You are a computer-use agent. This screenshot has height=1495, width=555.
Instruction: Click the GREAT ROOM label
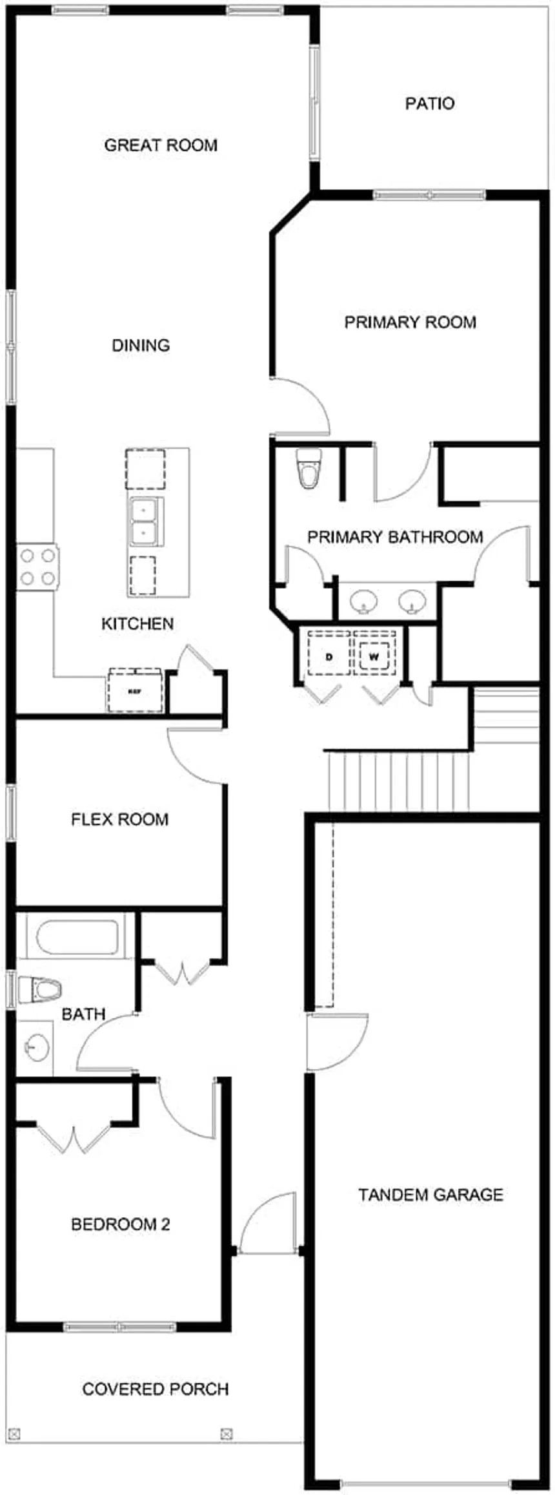click(x=161, y=145)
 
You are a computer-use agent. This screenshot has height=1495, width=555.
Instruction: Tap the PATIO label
click(x=430, y=103)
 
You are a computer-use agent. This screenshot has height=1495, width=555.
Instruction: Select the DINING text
click(x=141, y=345)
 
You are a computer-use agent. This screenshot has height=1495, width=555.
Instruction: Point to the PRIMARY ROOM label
click(x=410, y=322)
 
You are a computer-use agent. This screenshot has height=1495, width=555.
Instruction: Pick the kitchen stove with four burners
click(x=37, y=566)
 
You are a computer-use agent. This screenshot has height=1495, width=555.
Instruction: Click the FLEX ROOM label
click(x=120, y=819)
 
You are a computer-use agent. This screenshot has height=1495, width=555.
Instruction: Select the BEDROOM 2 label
click(x=121, y=1224)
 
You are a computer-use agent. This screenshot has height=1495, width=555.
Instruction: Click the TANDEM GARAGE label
click(x=430, y=1195)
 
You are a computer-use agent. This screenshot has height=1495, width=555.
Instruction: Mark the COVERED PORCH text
click(x=156, y=1388)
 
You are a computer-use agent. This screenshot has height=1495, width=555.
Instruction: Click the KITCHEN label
click(x=137, y=623)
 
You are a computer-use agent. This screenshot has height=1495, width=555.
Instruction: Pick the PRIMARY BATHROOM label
click(x=395, y=537)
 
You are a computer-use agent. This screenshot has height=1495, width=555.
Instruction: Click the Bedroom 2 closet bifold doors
click(x=74, y=1140)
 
